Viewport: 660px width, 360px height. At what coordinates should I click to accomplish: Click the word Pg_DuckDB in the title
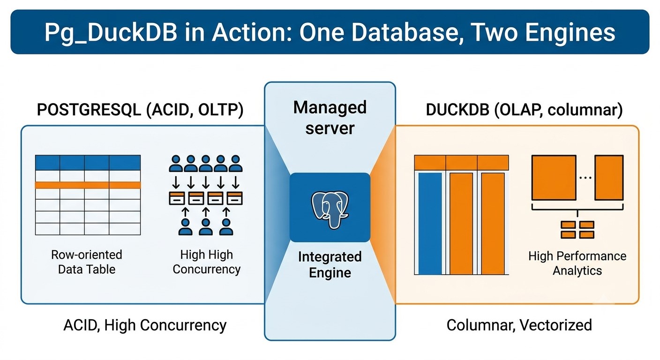[111, 32]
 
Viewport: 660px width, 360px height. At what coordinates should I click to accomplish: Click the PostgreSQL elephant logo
[330, 209]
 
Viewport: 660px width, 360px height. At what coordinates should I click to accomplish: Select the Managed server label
[330, 118]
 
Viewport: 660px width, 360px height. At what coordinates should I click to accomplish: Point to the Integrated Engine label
[330, 264]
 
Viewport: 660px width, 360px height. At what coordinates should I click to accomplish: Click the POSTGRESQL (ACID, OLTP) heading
[140, 110]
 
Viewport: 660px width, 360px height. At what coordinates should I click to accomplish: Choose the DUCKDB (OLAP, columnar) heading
[525, 110]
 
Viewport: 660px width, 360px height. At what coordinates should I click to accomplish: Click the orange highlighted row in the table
[88, 185]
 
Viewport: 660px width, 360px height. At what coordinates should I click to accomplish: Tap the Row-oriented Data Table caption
[87, 262]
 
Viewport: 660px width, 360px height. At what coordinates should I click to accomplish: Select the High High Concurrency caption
[207, 262]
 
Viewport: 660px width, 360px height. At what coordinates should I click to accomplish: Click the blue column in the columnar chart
[430, 224]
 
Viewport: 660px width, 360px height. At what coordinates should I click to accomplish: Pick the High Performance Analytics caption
[577, 263]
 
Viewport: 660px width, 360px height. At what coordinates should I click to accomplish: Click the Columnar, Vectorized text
[519, 325]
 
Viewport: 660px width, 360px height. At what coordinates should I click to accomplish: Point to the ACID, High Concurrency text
[145, 325]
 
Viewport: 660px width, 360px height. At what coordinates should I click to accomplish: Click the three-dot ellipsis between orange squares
[585, 178]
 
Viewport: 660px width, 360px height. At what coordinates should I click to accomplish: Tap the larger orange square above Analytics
[554, 178]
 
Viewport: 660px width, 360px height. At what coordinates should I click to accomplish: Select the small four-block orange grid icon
[577, 230]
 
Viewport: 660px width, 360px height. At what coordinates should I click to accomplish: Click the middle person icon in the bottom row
[206, 226]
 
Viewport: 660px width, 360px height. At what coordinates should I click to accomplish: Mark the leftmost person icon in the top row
[176, 164]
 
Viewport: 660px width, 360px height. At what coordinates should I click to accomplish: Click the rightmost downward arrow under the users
[235, 182]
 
